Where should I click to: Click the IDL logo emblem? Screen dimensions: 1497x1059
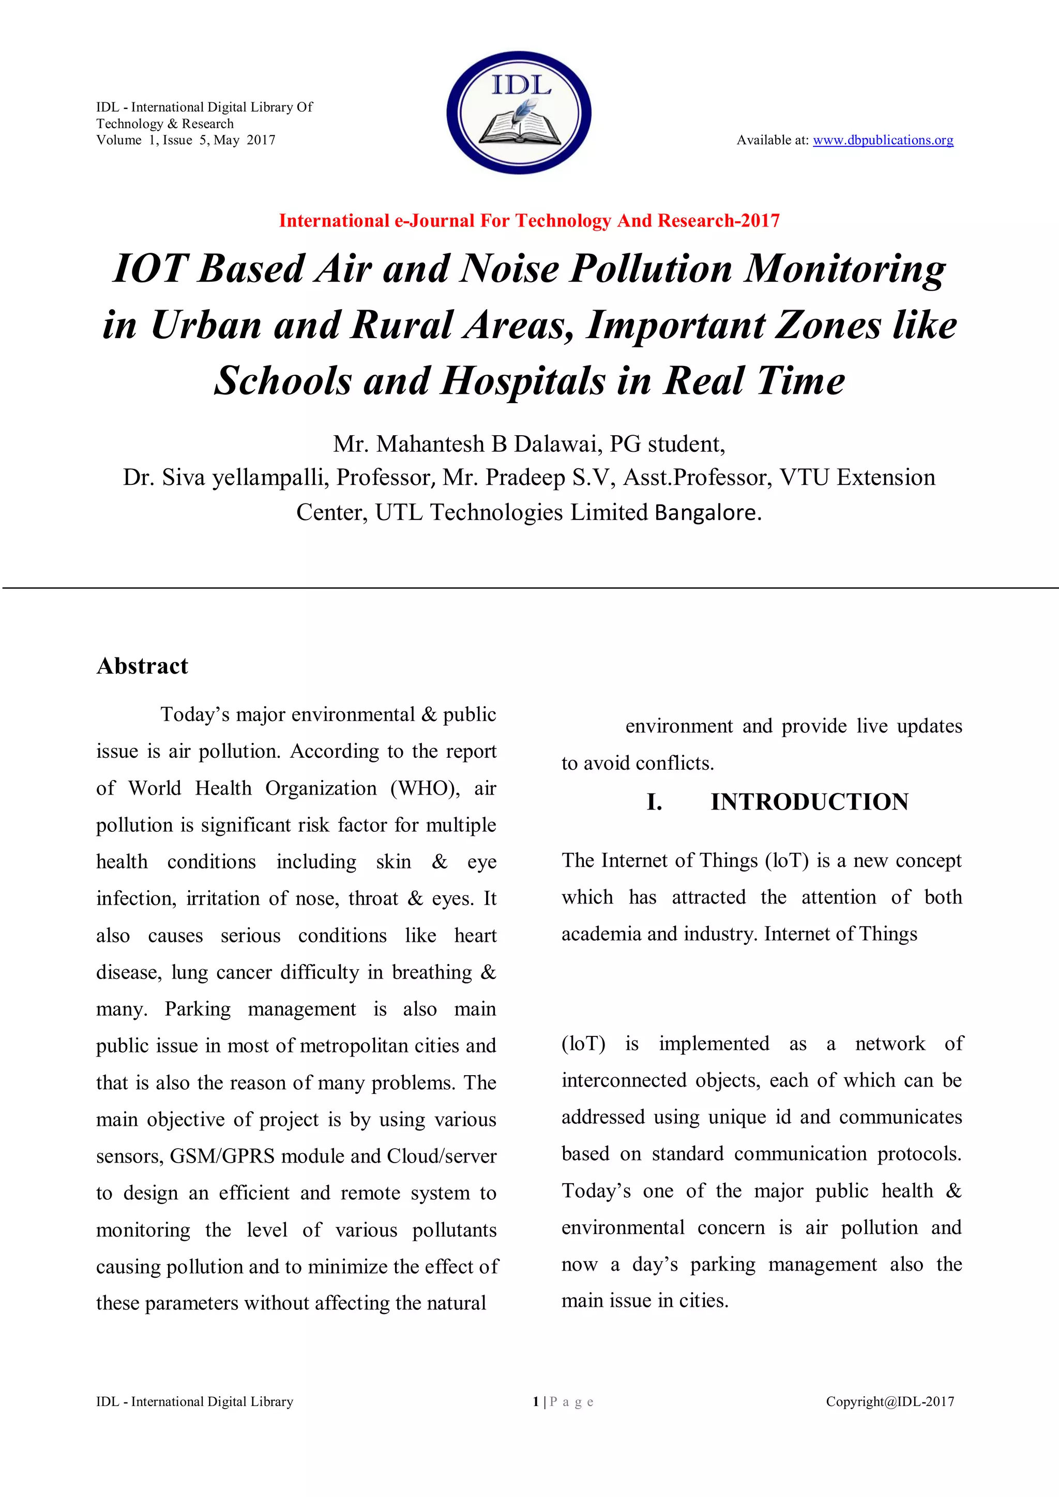pos(519,112)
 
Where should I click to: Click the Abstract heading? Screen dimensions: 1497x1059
pos(142,666)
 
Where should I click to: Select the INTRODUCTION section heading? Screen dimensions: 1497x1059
pos(809,802)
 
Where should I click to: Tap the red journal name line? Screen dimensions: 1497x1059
pos(529,221)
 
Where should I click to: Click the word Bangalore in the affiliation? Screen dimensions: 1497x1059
pos(707,512)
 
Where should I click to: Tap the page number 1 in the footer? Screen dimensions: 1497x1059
pos(535,1402)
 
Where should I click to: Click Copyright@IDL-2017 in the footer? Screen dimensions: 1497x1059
pos(889,1402)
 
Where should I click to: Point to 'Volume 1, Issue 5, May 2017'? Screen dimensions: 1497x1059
pos(186,140)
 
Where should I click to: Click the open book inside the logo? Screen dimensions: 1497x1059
pos(519,127)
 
